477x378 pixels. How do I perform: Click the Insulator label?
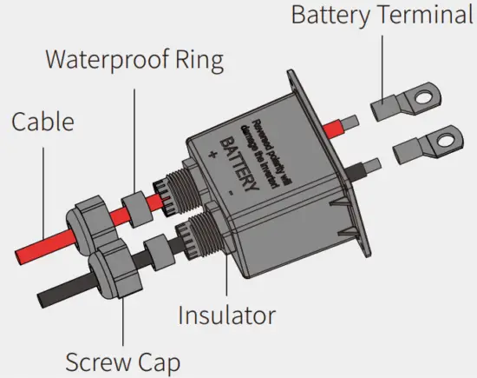tap(226, 314)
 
